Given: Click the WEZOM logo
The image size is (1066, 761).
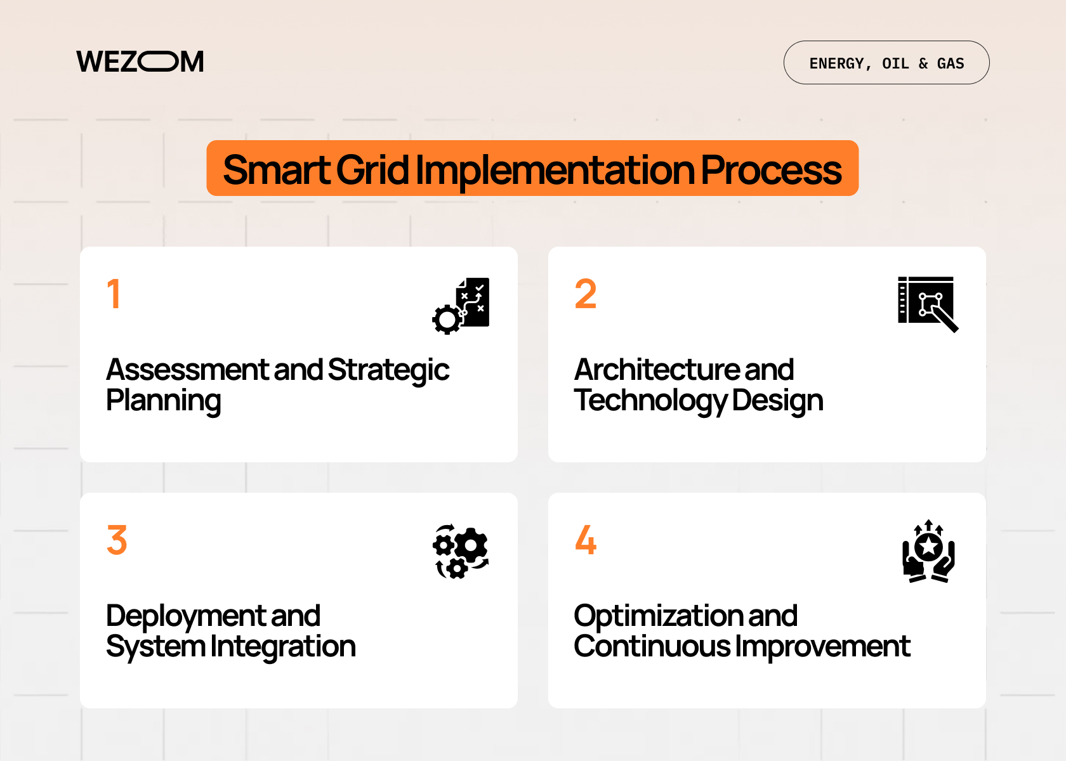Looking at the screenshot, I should coord(140,62).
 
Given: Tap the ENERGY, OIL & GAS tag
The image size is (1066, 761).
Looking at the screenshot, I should coord(886,63).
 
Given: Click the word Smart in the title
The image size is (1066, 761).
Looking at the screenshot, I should coord(276,170).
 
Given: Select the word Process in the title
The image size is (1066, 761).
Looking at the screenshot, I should coord(770,170).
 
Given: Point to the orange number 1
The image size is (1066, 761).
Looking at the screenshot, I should coord(114,294).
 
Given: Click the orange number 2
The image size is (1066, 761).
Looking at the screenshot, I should coord(585,294).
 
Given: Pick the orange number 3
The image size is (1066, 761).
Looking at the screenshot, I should coord(117,540).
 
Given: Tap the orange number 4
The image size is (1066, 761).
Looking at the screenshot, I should coord(585,540).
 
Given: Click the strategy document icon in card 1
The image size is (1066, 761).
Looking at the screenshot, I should coord(461,305).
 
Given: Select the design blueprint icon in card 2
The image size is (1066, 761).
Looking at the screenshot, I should coord(927,304).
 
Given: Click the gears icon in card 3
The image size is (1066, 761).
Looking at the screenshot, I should coord(461,550).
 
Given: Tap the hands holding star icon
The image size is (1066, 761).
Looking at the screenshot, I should coord(928,551).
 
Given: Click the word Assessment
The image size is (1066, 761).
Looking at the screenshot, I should coord(188,370).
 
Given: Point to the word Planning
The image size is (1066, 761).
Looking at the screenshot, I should coord(163,401).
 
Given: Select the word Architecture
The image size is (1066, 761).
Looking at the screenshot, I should coord(656,370).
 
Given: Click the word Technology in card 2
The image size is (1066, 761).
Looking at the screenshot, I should coord(650,401).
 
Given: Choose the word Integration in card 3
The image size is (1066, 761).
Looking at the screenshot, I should coord(283,647).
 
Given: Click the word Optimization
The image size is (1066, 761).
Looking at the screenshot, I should coord(657,616).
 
